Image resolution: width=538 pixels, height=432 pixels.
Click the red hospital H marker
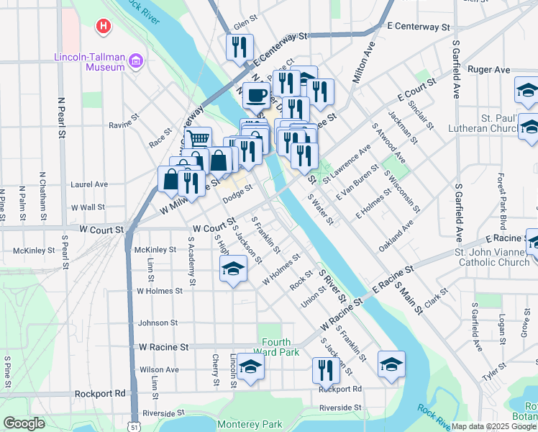click(104, 27)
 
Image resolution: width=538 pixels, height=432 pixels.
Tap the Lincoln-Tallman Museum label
click(91, 62)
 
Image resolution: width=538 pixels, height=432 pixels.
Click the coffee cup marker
click(255, 95)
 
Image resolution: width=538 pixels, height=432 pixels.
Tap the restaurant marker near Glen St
click(238, 47)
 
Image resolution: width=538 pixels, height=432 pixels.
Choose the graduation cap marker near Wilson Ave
click(250, 367)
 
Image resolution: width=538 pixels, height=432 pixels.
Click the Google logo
click(24, 423)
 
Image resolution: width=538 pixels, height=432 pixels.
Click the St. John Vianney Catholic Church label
click(491, 257)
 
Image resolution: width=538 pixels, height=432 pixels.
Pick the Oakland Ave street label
click(396, 235)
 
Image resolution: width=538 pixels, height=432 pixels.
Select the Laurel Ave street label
click(88, 184)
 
